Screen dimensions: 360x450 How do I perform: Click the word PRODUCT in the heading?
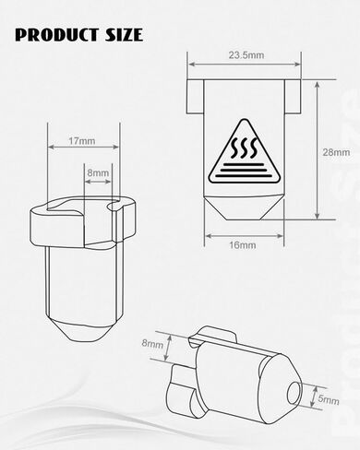click(56, 34)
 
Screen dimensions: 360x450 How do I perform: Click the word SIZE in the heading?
click(124, 34)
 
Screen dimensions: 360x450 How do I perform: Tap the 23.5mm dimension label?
click(246, 55)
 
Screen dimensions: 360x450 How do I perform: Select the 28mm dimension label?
click(336, 152)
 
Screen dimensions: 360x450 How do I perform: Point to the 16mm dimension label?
click(243, 245)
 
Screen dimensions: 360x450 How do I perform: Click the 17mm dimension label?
click(81, 141)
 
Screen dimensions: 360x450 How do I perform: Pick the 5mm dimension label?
click(329, 399)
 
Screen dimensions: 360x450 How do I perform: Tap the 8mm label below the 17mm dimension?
click(98, 172)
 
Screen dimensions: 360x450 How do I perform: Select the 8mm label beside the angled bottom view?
click(152, 343)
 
